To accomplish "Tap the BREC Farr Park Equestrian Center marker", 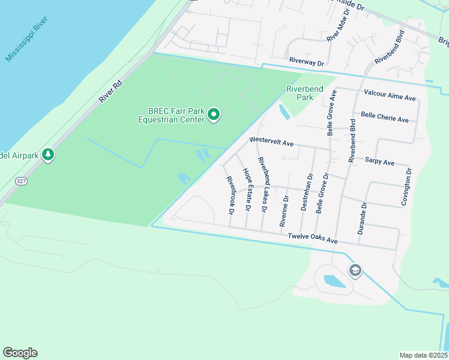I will point(214,115).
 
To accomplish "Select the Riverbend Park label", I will point(304,93).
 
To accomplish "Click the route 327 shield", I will point(21,180).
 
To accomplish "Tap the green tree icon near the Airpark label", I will point(48,155).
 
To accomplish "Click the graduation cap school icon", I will point(355,271).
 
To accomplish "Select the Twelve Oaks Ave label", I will point(313,238).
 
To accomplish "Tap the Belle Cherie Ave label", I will point(384,118).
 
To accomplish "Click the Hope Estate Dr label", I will point(246,189).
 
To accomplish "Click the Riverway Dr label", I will point(306,61).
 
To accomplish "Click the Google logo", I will point(20,353).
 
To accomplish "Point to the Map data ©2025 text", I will point(423,355).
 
